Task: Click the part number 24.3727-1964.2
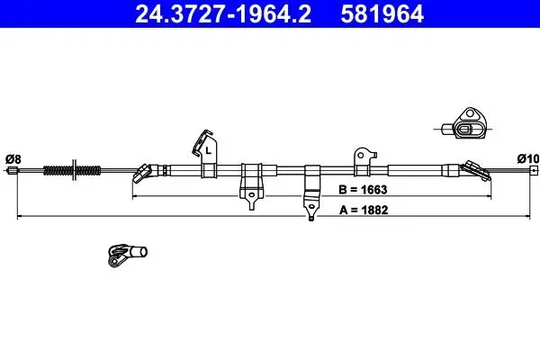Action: click(223, 13)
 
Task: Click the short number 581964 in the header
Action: click(382, 13)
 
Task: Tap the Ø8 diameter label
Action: click(13, 159)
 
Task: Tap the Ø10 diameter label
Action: click(528, 158)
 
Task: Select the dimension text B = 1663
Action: click(363, 190)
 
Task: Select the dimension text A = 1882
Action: click(364, 210)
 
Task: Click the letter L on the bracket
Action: click(208, 150)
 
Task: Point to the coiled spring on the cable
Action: click(72, 170)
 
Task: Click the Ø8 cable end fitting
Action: click(13, 170)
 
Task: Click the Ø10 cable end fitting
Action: click(534, 170)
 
